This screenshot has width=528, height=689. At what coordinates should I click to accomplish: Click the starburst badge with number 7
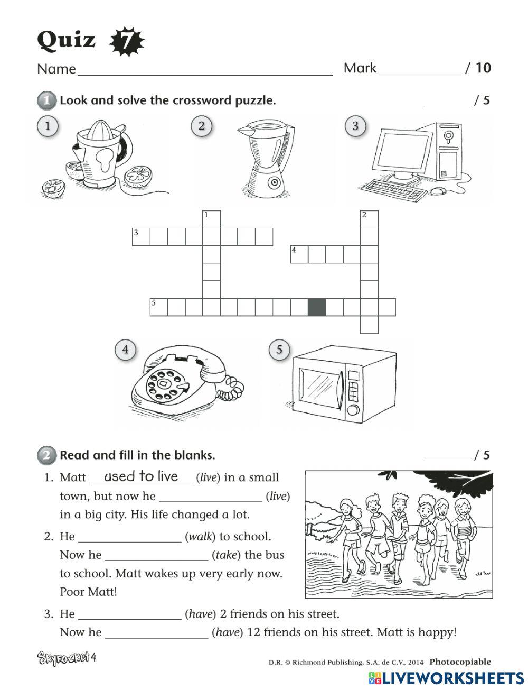[x=126, y=42]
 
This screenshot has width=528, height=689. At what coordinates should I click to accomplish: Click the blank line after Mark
[x=420, y=71]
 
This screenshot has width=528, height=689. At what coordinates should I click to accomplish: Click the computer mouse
[x=438, y=191]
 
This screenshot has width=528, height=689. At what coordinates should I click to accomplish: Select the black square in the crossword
[x=317, y=307]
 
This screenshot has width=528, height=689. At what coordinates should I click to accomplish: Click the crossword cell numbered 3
[x=140, y=237]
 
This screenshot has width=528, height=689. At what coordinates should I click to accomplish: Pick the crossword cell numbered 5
[x=158, y=307]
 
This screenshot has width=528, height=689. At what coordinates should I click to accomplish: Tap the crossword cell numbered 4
[x=299, y=254]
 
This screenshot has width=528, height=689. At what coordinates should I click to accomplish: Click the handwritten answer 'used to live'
[x=141, y=476]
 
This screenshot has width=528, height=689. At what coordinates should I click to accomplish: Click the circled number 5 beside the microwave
[x=279, y=350]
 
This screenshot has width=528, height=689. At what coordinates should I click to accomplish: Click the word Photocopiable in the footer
[x=460, y=662]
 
